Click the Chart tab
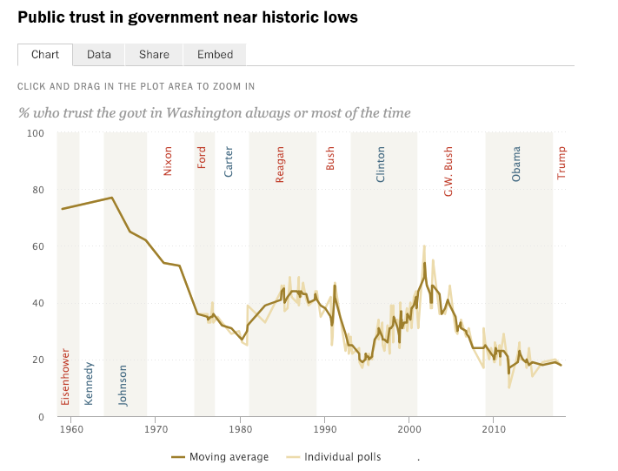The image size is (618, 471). pos(45,54)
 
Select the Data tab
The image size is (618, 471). pos(99,54)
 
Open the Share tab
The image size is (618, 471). pos(154,54)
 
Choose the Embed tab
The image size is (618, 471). pos(215,54)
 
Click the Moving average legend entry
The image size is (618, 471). pos(228,457)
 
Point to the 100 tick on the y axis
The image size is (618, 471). pos(35,133)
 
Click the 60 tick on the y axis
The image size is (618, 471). pos(37,246)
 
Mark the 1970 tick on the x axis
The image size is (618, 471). pos(156,429)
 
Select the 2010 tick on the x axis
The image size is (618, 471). pos(494,429)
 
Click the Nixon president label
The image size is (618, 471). pos(168,160)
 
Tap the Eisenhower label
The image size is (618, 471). pos(65,376)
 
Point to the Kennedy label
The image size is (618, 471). pos(89,383)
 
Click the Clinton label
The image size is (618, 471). pos(381,164)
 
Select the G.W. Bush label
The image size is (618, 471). pos(449,171)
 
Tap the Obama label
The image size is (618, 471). pos(516,163)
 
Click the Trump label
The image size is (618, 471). pos(561,162)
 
